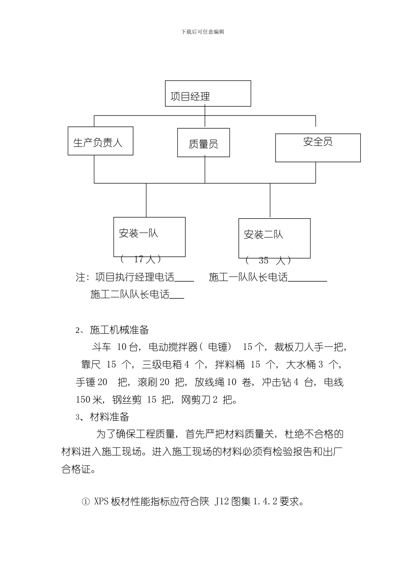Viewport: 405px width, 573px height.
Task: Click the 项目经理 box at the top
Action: tap(208, 94)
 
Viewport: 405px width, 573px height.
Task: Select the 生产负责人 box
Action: tap(100, 141)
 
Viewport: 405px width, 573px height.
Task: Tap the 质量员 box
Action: tap(203, 143)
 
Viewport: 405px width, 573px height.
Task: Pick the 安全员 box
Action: tap(318, 148)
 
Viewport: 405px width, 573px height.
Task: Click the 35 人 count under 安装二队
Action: tap(269, 260)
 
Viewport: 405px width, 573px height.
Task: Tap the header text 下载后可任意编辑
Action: tap(202, 32)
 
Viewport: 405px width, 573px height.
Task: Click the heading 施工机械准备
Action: tap(119, 330)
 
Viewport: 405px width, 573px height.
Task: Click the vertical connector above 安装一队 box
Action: tap(146, 200)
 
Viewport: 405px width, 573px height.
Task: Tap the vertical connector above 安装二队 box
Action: tap(270, 200)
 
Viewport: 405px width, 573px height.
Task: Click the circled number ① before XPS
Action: tap(85, 502)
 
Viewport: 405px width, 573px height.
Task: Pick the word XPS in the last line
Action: tap(101, 502)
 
